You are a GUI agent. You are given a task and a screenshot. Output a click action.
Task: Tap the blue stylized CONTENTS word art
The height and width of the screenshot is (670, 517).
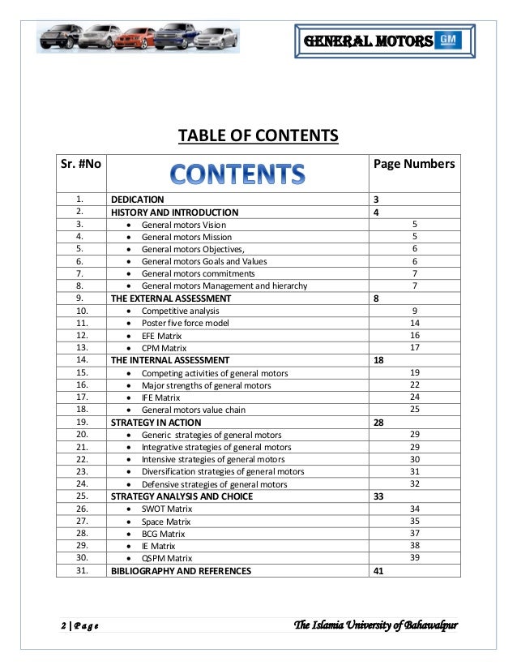(x=236, y=173)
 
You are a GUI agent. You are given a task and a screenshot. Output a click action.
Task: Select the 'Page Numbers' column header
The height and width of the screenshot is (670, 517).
(x=413, y=165)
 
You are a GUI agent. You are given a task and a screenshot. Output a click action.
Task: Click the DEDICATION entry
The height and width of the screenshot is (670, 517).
(x=138, y=200)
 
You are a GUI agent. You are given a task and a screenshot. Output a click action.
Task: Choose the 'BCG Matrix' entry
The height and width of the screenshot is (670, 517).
(x=163, y=534)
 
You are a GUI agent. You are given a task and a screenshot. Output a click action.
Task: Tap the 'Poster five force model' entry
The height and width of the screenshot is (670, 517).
(x=185, y=323)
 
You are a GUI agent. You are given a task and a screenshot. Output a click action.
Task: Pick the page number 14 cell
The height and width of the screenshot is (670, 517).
(x=414, y=322)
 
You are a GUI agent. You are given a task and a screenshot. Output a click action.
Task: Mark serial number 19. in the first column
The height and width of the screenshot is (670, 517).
(x=80, y=423)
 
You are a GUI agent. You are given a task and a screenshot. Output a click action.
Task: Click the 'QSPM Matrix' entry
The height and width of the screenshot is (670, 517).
(x=167, y=558)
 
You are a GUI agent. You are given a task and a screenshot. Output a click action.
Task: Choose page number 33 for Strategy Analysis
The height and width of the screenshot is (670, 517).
(x=378, y=496)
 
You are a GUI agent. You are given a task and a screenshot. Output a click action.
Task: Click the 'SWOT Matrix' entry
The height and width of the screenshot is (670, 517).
(x=167, y=509)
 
